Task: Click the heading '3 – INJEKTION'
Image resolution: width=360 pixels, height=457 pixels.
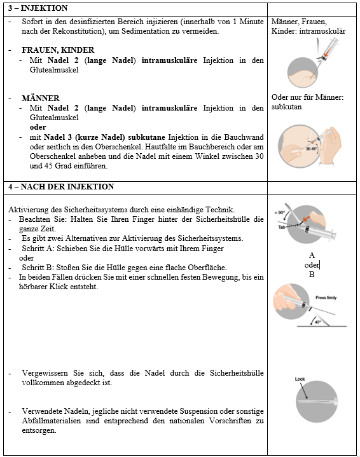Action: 38,8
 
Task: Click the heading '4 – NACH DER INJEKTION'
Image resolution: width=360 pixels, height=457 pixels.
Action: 61,186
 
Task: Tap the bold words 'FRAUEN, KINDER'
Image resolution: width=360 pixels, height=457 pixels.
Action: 58,50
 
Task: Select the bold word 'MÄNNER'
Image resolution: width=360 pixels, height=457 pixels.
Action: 41,98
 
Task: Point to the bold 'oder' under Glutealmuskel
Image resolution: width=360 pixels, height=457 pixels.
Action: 38,127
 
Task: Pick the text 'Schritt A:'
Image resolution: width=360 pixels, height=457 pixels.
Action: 38,249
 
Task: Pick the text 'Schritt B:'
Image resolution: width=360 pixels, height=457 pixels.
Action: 38,267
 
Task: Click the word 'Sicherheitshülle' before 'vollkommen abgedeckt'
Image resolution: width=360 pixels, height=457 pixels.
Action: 237,373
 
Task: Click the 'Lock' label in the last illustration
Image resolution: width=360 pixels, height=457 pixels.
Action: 300,379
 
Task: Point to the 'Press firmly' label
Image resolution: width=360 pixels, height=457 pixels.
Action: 326,297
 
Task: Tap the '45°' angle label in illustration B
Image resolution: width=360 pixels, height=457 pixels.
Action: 318,322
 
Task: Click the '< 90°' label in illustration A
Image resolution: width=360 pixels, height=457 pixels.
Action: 279,212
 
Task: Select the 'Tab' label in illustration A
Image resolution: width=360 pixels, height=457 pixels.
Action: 281,227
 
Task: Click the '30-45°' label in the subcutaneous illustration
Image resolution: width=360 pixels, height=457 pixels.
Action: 311,149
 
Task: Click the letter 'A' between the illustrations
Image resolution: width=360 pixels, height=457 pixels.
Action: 312,256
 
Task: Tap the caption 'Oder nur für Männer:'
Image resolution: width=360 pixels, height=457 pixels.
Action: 307,97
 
